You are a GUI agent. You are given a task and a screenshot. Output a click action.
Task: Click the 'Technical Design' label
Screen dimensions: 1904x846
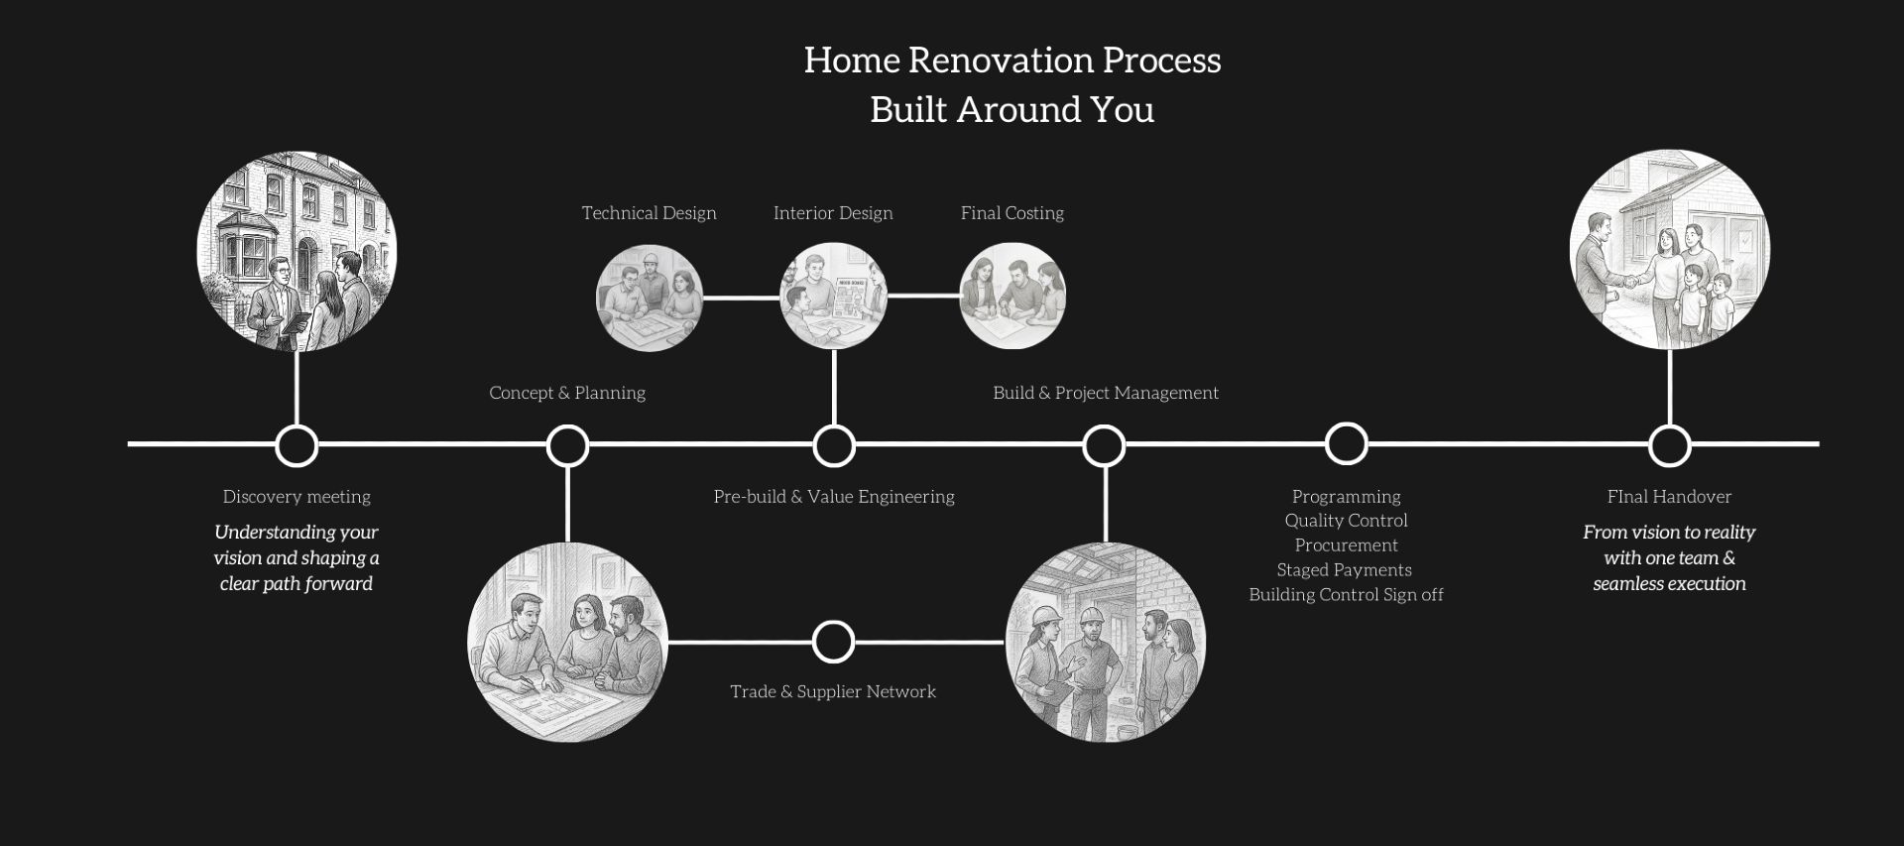(x=649, y=213)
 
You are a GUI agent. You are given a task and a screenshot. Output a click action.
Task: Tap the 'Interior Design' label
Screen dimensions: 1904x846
(x=833, y=213)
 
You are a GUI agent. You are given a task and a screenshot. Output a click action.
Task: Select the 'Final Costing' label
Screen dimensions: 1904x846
(x=1012, y=213)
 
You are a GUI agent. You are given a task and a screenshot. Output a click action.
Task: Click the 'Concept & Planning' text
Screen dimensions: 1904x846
(x=567, y=393)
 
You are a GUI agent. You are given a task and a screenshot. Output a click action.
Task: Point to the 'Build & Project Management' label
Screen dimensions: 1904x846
(x=1106, y=393)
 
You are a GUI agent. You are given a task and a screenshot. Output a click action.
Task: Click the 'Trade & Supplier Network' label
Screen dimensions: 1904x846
(x=833, y=691)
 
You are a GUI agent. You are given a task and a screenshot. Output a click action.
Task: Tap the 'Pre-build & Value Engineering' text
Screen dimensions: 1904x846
(x=834, y=497)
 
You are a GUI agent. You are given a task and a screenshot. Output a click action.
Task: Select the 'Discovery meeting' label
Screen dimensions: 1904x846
(x=297, y=497)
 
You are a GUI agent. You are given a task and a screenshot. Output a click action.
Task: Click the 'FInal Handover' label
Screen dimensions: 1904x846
(x=1670, y=497)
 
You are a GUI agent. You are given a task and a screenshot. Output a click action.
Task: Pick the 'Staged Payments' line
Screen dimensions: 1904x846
(x=1345, y=570)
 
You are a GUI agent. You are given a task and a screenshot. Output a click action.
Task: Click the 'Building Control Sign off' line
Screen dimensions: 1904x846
(x=1346, y=595)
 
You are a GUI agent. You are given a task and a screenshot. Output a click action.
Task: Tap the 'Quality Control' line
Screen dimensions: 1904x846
(x=1346, y=521)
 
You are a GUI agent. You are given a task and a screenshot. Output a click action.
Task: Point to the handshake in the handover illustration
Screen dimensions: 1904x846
(x=1628, y=282)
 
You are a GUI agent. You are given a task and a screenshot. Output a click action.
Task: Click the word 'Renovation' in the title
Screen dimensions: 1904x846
(x=1001, y=60)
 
